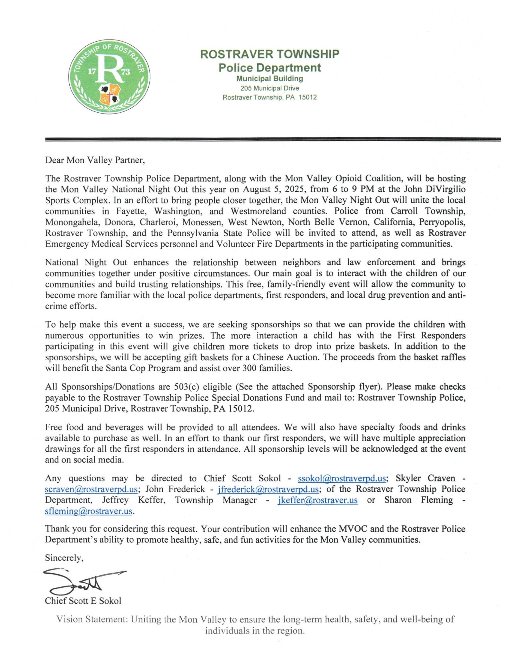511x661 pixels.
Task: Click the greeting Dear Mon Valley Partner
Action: click(95, 160)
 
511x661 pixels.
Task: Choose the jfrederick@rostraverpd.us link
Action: click(268, 489)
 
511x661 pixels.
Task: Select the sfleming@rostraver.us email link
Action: click(89, 511)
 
